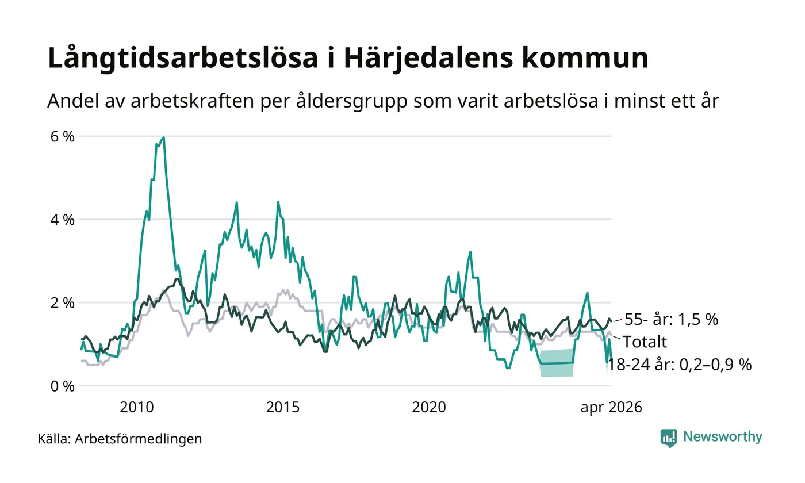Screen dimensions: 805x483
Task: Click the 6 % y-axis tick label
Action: click(62, 137)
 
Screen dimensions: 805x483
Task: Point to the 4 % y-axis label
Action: click(62, 220)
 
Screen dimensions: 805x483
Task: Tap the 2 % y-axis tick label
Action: click(62, 303)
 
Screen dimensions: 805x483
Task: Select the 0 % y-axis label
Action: click(62, 386)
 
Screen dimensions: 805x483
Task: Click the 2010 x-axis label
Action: click(137, 407)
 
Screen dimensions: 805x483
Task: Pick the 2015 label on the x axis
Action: click(282, 407)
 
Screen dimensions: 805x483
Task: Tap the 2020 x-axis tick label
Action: click(429, 407)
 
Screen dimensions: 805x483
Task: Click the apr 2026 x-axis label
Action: click(611, 408)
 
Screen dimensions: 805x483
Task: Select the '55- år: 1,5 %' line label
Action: click(672, 319)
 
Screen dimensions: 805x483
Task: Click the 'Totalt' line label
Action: click(645, 342)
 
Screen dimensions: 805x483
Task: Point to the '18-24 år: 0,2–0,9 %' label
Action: click(679, 365)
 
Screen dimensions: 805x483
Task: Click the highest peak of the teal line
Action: click(164, 137)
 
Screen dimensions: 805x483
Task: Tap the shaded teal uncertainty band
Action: click(557, 363)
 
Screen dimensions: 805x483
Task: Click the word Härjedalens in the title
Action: click(428, 58)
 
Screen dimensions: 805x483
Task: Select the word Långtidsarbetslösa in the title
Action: click(183, 58)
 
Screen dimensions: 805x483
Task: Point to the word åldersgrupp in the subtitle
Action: click(351, 101)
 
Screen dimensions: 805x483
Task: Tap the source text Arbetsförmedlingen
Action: click(139, 439)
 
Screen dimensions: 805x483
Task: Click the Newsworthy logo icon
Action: click(668, 438)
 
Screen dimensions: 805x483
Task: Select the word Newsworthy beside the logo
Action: click(722, 437)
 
